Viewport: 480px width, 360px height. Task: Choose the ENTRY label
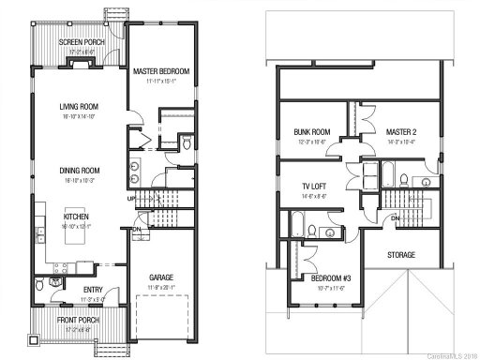click(93, 290)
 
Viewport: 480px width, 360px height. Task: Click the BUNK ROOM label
click(310, 132)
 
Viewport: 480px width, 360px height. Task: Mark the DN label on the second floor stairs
click(396, 217)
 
